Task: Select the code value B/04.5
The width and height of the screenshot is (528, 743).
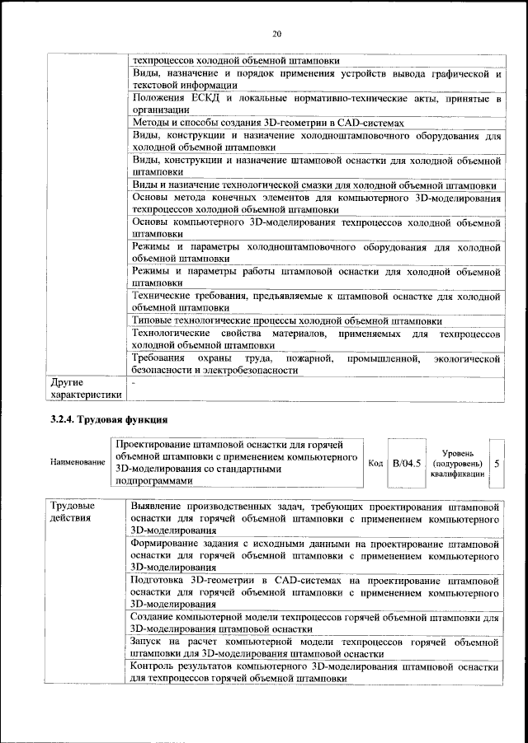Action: click(x=407, y=463)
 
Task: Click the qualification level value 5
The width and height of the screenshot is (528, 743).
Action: click(x=497, y=463)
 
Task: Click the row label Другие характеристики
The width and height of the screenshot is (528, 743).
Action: click(x=86, y=389)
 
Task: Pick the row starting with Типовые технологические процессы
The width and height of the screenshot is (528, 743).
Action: click(x=286, y=320)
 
